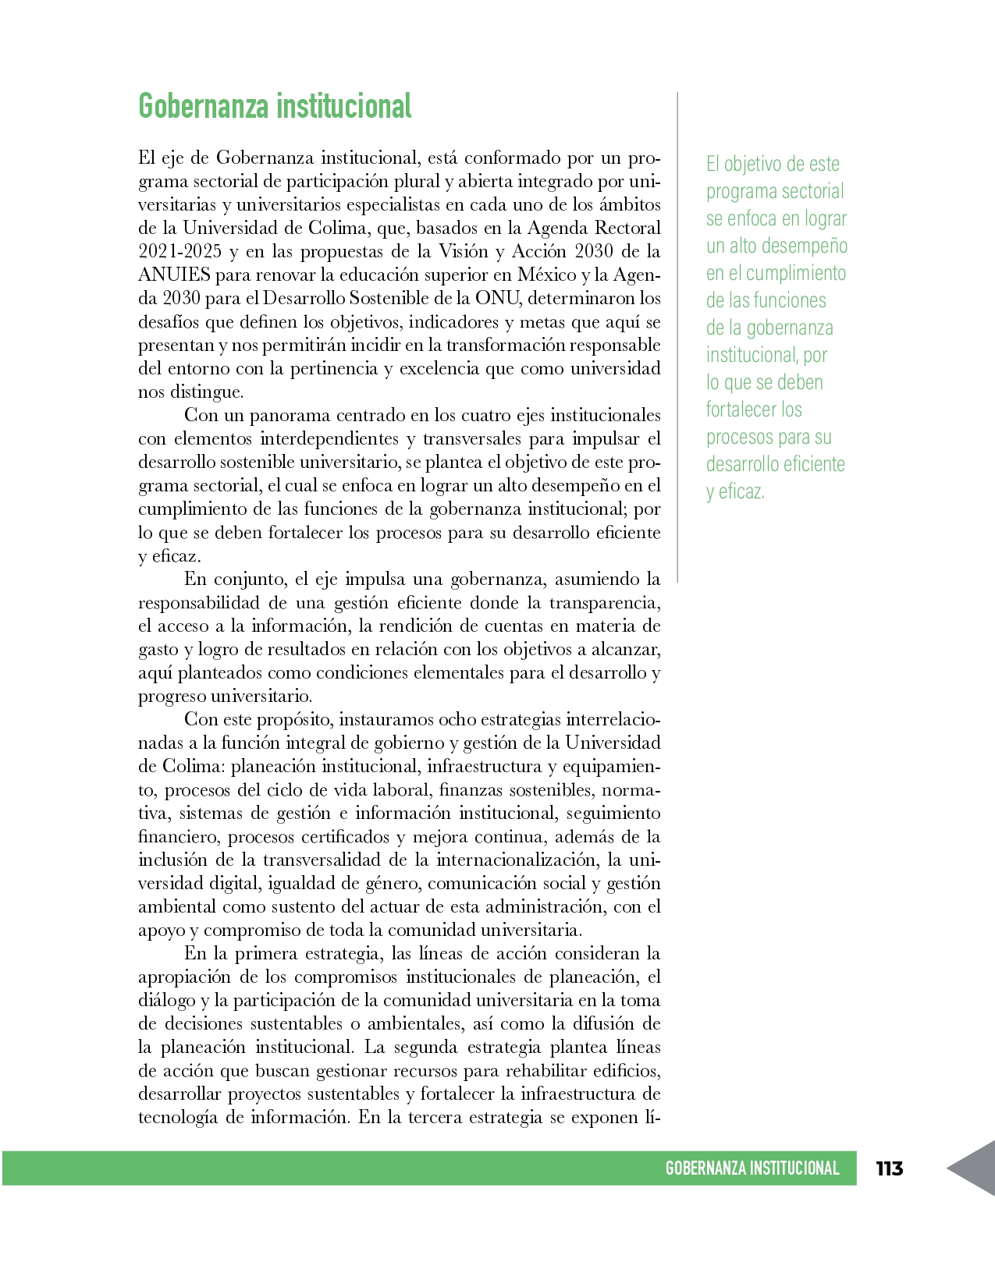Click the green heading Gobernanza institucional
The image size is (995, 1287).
[x=275, y=107]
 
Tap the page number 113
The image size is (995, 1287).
[x=889, y=1168]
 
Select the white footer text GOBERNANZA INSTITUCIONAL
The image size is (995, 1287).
[x=752, y=1168]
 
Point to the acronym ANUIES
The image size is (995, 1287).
[x=174, y=275]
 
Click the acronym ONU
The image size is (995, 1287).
[x=496, y=298]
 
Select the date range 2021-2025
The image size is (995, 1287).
[x=179, y=251]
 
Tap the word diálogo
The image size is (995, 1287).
[x=166, y=1000]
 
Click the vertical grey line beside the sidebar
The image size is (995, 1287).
[x=677, y=335]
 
